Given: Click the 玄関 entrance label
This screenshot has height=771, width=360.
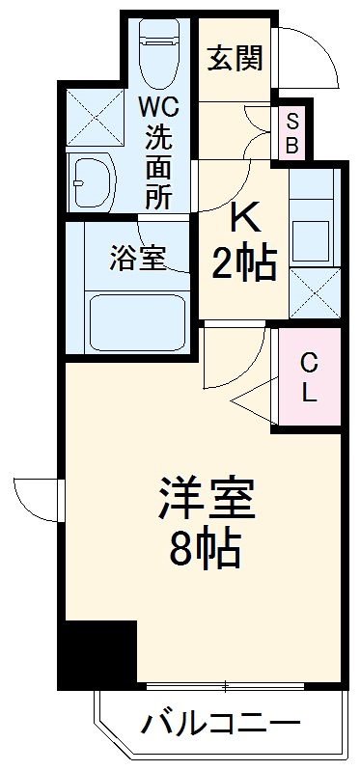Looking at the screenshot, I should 234,57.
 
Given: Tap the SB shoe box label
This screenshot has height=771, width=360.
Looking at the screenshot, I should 292,134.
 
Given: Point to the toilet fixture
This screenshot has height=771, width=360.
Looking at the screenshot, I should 155,53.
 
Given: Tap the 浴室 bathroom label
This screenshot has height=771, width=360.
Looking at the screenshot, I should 137,258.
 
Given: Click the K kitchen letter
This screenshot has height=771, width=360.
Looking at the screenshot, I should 243,221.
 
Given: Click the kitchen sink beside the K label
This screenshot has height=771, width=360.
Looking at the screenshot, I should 313,234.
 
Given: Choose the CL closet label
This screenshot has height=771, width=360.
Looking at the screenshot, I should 308,377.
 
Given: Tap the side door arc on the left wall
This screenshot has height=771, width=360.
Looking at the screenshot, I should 37,499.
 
